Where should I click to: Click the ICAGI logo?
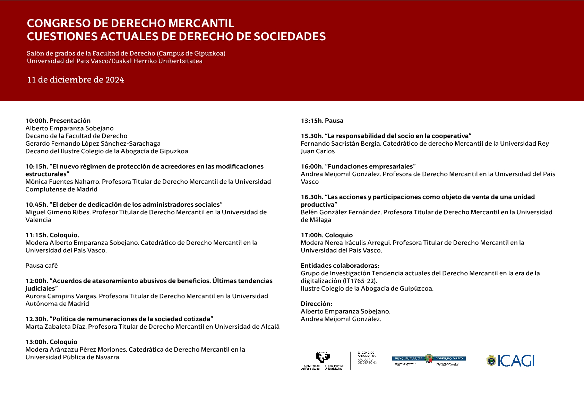pos(510,361)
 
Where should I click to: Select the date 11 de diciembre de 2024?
pos(76,80)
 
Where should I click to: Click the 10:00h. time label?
pos(36,121)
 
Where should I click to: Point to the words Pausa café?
pos(42,266)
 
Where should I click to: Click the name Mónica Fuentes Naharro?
pos(62,182)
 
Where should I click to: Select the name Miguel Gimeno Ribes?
pos(58,212)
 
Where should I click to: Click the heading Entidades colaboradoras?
pos(340,266)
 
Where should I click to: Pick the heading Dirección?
pos(316,304)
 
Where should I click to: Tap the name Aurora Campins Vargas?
pos(61,296)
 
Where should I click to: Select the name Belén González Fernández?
pos(341,212)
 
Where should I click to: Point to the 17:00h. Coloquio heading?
pos(326,235)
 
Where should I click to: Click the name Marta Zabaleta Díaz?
pos(55,327)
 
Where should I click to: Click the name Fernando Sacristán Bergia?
pos(341,144)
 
